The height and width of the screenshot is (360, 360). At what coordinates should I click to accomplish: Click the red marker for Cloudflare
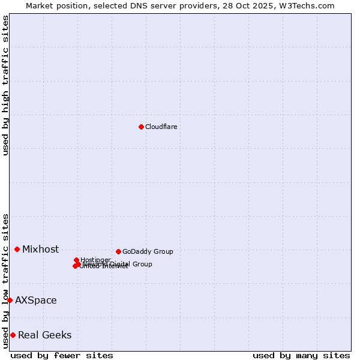click(x=141, y=127)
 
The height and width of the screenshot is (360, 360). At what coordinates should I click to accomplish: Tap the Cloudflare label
click(x=161, y=127)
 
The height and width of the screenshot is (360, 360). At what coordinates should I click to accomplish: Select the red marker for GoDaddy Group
click(x=118, y=251)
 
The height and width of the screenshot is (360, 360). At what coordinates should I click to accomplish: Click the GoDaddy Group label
click(x=148, y=251)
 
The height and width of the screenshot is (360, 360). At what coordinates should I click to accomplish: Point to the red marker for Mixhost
click(x=17, y=249)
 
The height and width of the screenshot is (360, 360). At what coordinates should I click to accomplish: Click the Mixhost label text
click(x=40, y=250)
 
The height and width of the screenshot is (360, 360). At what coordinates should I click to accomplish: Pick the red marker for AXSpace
click(x=10, y=300)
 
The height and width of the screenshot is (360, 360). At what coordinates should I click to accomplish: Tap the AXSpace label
click(x=36, y=301)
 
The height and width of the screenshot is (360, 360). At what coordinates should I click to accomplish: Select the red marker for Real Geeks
click(x=13, y=335)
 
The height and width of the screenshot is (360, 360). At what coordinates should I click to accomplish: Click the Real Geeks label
click(x=44, y=335)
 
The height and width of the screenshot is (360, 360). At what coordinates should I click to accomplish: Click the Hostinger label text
click(x=95, y=260)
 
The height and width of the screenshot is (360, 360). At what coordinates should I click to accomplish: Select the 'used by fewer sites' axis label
click(x=62, y=355)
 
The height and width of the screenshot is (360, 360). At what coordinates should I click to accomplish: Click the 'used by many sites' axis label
click(x=301, y=355)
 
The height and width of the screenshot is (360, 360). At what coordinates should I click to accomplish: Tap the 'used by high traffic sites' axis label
click(x=5, y=86)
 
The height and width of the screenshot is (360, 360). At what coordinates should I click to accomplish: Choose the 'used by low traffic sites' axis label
click(x=5, y=280)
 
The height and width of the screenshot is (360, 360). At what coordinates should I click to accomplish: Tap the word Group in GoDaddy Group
click(x=163, y=251)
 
